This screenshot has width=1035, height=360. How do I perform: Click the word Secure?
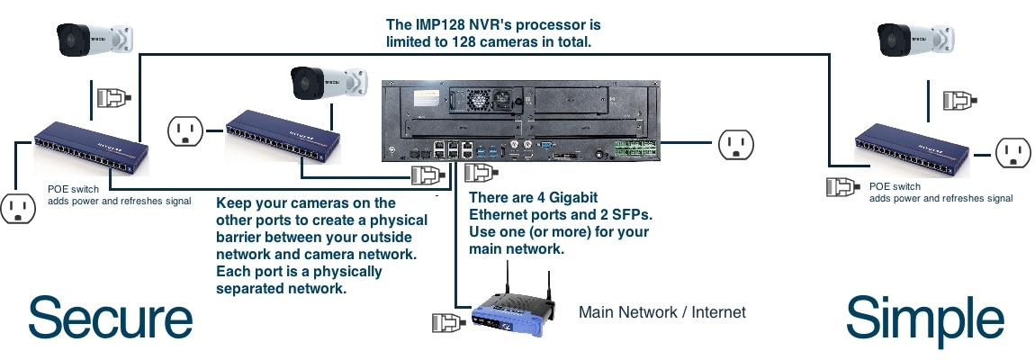(111, 320)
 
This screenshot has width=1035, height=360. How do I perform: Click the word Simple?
(924, 320)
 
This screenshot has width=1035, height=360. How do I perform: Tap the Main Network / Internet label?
(662, 312)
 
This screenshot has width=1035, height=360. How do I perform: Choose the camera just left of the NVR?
(328, 83)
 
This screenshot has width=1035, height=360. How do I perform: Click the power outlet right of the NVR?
(735, 143)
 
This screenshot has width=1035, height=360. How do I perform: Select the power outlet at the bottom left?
(16, 208)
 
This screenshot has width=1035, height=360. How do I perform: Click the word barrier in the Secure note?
(244, 238)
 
